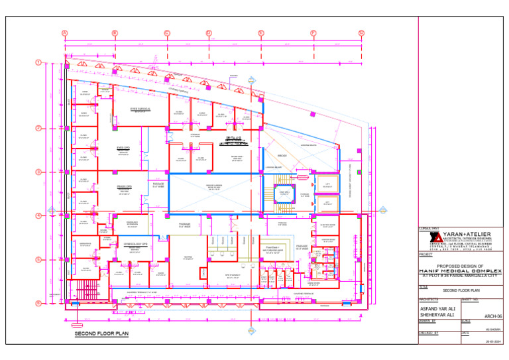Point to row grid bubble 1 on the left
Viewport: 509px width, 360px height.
click(x=39, y=63)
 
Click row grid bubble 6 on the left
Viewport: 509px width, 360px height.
click(x=39, y=303)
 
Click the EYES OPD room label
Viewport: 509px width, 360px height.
click(x=123, y=148)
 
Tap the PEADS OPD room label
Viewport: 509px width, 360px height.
click(x=124, y=187)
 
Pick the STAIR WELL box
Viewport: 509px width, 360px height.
click(x=284, y=194)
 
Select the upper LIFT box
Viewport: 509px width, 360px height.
click(x=327, y=184)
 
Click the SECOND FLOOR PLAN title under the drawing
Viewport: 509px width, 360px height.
click(x=101, y=335)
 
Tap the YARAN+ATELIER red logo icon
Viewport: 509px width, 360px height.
click(x=434, y=238)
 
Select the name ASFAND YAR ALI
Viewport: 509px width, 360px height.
click(x=438, y=308)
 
